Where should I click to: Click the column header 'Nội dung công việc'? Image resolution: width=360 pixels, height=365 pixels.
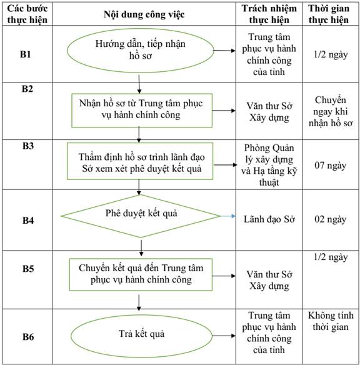tap(144, 14)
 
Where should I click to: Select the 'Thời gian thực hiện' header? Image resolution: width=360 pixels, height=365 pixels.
tap(329, 14)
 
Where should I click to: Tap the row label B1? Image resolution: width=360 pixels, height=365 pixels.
tap(26, 54)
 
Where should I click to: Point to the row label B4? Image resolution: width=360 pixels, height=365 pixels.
tap(28, 220)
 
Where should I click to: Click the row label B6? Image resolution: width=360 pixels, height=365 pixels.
tap(28, 337)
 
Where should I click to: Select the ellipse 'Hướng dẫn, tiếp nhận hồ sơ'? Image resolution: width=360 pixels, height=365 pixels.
tap(141, 50)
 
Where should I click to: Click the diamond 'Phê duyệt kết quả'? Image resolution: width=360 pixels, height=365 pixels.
tap(141, 216)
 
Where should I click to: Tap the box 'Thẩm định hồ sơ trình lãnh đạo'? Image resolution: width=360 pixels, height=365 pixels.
tap(140, 161)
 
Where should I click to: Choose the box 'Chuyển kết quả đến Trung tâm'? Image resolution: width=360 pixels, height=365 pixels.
tap(141, 274)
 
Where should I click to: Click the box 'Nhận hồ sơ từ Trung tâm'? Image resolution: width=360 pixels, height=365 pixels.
tap(142, 111)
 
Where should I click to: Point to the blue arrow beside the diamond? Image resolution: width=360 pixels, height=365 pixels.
tap(227, 216)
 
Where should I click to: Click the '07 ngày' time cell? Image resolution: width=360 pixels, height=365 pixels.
tap(330, 165)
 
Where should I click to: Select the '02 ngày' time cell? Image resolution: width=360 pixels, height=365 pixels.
tap(330, 219)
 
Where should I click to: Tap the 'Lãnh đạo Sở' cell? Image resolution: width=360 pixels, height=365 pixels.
tap(269, 219)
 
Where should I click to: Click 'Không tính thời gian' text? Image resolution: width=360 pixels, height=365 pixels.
tap(331, 321)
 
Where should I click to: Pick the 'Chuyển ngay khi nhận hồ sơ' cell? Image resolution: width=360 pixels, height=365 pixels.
tap(331, 111)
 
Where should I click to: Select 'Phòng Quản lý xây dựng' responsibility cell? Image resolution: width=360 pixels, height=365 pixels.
tap(269, 165)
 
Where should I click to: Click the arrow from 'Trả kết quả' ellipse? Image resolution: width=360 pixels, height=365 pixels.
tap(224, 336)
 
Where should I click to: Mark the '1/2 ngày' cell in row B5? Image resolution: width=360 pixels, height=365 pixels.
tap(331, 257)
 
